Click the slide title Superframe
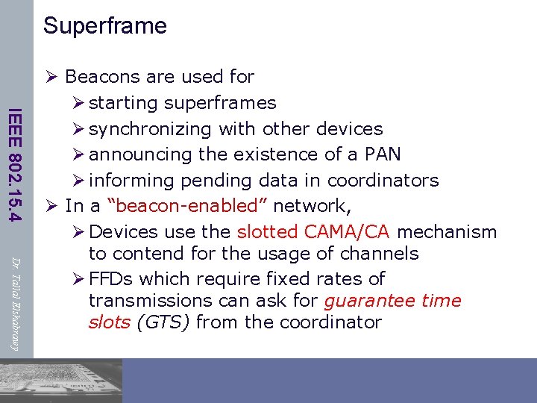105,26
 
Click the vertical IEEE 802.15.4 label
16,164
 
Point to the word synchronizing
150,129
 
